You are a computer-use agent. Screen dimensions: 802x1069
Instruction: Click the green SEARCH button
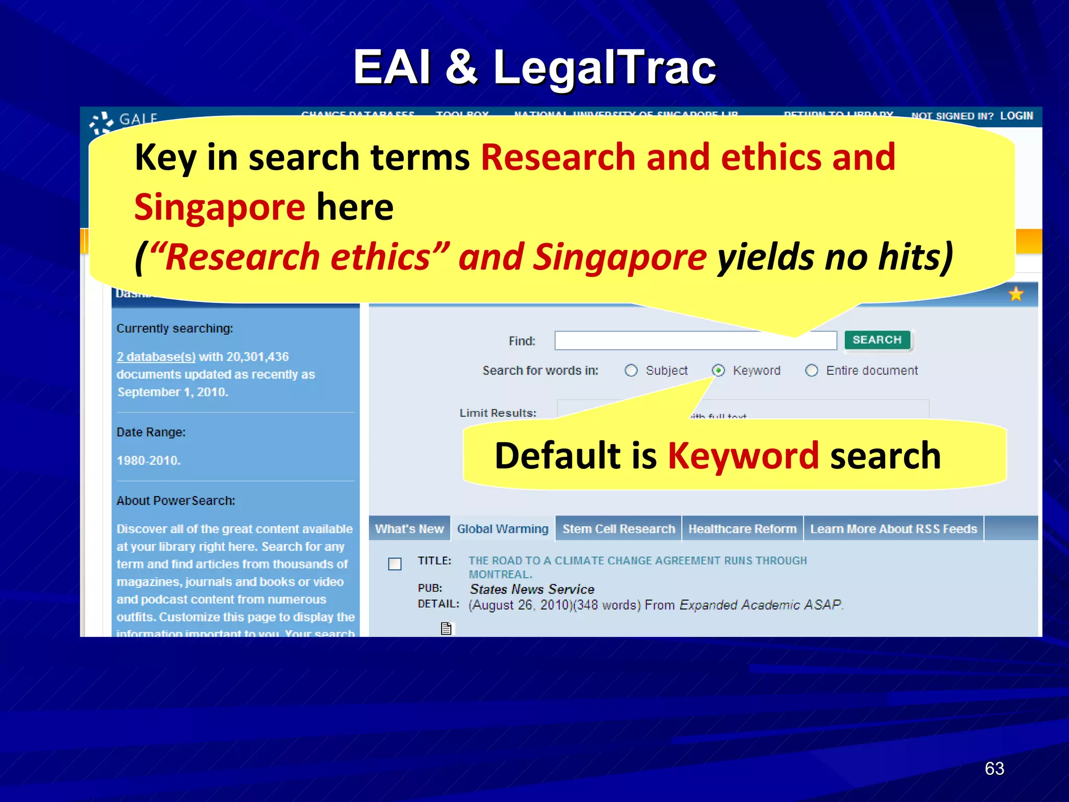(x=877, y=340)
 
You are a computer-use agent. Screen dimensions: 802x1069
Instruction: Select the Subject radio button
(x=631, y=371)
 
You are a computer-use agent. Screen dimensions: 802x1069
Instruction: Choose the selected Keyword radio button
(x=718, y=371)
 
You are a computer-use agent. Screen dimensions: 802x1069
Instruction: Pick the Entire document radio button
(x=811, y=371)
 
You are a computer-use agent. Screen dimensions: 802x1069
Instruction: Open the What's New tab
(x=409, y=529)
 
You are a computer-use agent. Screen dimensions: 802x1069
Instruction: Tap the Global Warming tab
(x=503, y=529)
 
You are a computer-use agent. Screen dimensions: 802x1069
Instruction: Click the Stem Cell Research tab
(x=619, y=529)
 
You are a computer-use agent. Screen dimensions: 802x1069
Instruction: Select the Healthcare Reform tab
(x=742, y=529)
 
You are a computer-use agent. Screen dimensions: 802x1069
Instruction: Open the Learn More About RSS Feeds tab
(x=893, y=529)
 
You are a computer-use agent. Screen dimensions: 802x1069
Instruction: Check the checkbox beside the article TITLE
(x=395, y=564)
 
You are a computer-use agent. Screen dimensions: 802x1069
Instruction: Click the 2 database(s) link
(x=156, y=357)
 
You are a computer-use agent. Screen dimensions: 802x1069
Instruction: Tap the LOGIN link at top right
(x=1016, y=116)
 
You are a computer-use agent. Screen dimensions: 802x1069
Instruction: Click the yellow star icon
(x=1016, y=294)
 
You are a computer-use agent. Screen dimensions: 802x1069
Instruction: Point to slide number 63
(x=994, y=769)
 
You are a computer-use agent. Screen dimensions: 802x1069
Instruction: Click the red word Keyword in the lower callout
(x=743, y=456)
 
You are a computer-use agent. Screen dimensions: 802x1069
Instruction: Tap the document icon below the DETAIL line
(x=446, y=628)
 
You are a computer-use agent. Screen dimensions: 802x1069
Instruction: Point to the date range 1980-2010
(x=149, y=461)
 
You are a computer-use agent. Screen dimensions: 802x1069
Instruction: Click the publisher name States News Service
(x=532, y=589)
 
